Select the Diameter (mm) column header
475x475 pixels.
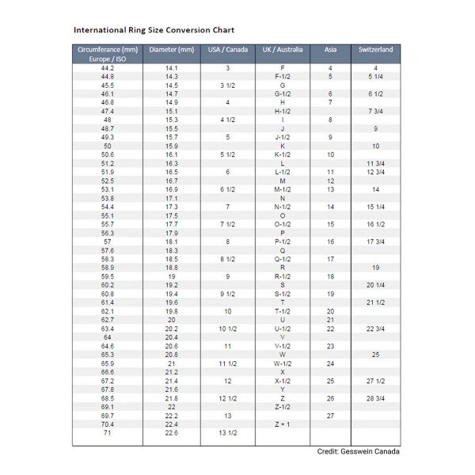171,50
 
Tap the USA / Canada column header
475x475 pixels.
227,50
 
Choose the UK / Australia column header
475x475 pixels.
283,50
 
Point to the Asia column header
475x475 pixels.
330,50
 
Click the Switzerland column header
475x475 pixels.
375,50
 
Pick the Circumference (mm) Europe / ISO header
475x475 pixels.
108,54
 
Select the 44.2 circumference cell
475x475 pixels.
108,68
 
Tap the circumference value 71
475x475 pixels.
108,433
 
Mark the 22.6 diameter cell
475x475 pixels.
171,433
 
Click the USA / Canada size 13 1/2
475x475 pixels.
227,433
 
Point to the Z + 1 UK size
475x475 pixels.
283,424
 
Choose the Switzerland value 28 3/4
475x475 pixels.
375,398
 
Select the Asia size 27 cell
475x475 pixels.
330,416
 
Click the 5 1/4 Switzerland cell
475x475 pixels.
375,77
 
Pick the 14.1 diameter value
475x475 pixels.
171,68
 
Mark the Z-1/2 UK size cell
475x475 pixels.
283,407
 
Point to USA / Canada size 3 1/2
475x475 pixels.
227,85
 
